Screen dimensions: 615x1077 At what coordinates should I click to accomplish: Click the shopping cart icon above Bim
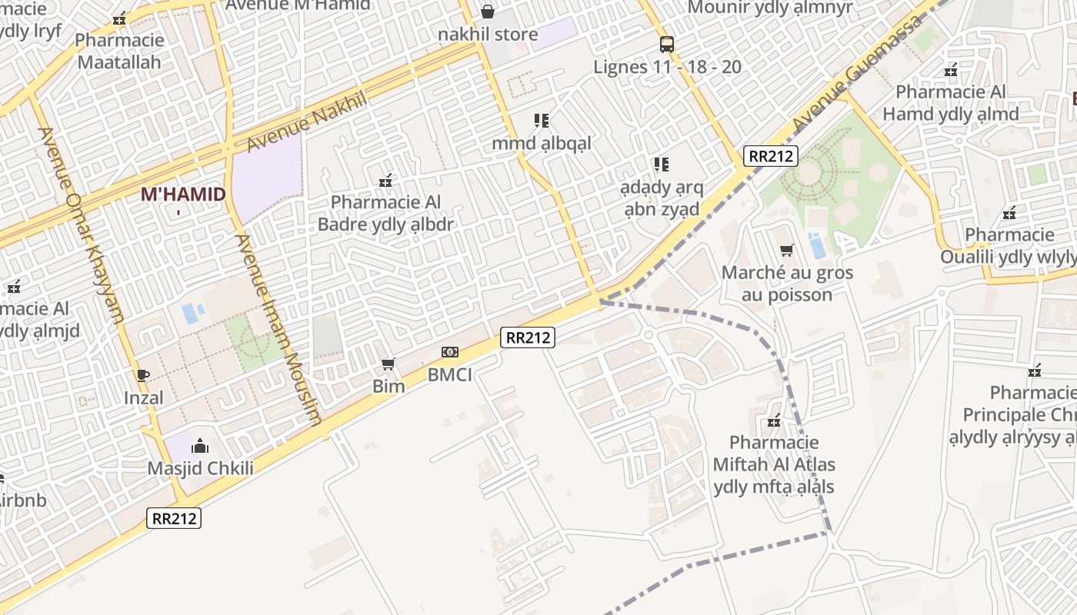point(388,364)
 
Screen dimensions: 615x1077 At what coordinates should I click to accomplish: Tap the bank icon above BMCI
point(450,352)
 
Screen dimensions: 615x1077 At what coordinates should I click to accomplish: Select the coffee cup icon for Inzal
point(142,375)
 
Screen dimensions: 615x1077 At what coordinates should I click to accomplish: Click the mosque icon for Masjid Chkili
point(200,446)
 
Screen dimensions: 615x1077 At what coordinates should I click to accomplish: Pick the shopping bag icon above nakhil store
point(488,12)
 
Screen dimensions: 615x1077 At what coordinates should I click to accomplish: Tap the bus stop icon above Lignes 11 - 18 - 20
point(667,45)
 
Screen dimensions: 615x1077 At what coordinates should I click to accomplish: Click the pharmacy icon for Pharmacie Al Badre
point(385,181)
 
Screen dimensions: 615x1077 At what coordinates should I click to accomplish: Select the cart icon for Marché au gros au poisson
point(786,250)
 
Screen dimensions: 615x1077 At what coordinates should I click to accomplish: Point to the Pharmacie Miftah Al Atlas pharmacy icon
point(774,421)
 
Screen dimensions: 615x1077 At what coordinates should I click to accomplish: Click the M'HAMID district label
point(183,194)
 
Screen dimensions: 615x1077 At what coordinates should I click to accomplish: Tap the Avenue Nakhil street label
point(306,123)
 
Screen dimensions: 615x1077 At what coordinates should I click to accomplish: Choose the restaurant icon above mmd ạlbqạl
point(542,121)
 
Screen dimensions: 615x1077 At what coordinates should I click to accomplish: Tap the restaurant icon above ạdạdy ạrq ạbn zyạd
point(661,164)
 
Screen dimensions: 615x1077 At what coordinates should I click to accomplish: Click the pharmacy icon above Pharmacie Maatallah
point(119,18)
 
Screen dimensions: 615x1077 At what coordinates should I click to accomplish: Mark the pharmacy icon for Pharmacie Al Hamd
point(951,70)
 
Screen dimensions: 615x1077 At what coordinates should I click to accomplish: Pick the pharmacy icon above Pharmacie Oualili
point(1009,212)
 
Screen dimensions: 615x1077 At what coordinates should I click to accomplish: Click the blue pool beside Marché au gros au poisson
point(816,246)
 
